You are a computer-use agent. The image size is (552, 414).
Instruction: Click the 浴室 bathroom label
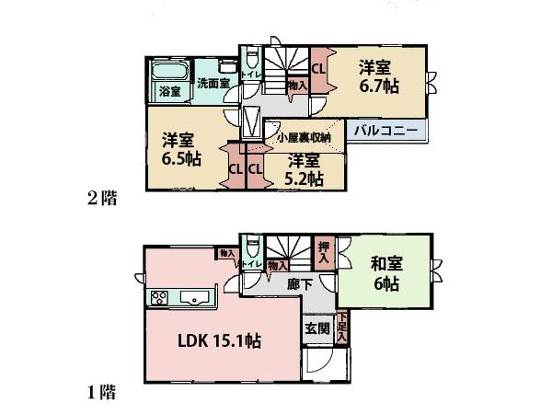(x=168, y=91)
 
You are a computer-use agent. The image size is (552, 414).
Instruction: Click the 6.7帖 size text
(x=377, y=86)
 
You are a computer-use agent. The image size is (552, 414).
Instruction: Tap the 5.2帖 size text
(x=303, y=177)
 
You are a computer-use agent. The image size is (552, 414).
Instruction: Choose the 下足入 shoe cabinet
(x=341, y=328)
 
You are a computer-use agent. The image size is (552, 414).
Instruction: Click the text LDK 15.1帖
(x=219, y=341)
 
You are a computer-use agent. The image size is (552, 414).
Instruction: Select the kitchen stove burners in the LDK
(x=157, y=298)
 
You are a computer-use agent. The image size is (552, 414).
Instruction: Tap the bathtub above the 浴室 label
(x=168, y=71)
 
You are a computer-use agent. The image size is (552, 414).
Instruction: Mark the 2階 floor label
(x=102, y=197)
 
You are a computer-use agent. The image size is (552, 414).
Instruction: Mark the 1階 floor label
(x=102, y=394)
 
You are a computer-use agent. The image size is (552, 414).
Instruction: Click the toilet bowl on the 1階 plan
(x=253, y=247)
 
